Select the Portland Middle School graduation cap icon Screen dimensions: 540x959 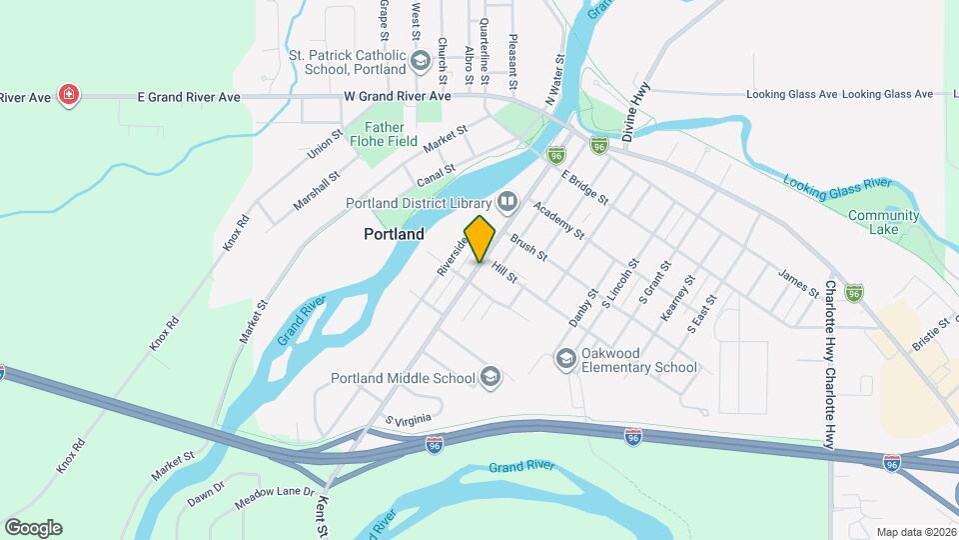489,377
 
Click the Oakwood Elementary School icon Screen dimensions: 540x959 566,358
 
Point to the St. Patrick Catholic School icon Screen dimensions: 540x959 421,63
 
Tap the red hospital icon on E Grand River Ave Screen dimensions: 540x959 69,96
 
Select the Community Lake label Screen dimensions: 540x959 883,222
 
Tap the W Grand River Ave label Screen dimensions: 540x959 398,96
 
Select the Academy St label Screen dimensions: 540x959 558,220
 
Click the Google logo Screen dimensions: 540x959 33,527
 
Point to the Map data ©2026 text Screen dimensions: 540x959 915,532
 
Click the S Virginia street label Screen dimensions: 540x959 412,423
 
